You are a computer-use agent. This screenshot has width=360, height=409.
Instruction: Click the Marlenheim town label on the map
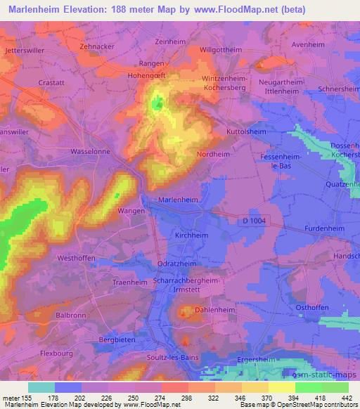tap(178, 200)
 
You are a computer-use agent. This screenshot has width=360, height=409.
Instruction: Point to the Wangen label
tap(131, 210)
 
